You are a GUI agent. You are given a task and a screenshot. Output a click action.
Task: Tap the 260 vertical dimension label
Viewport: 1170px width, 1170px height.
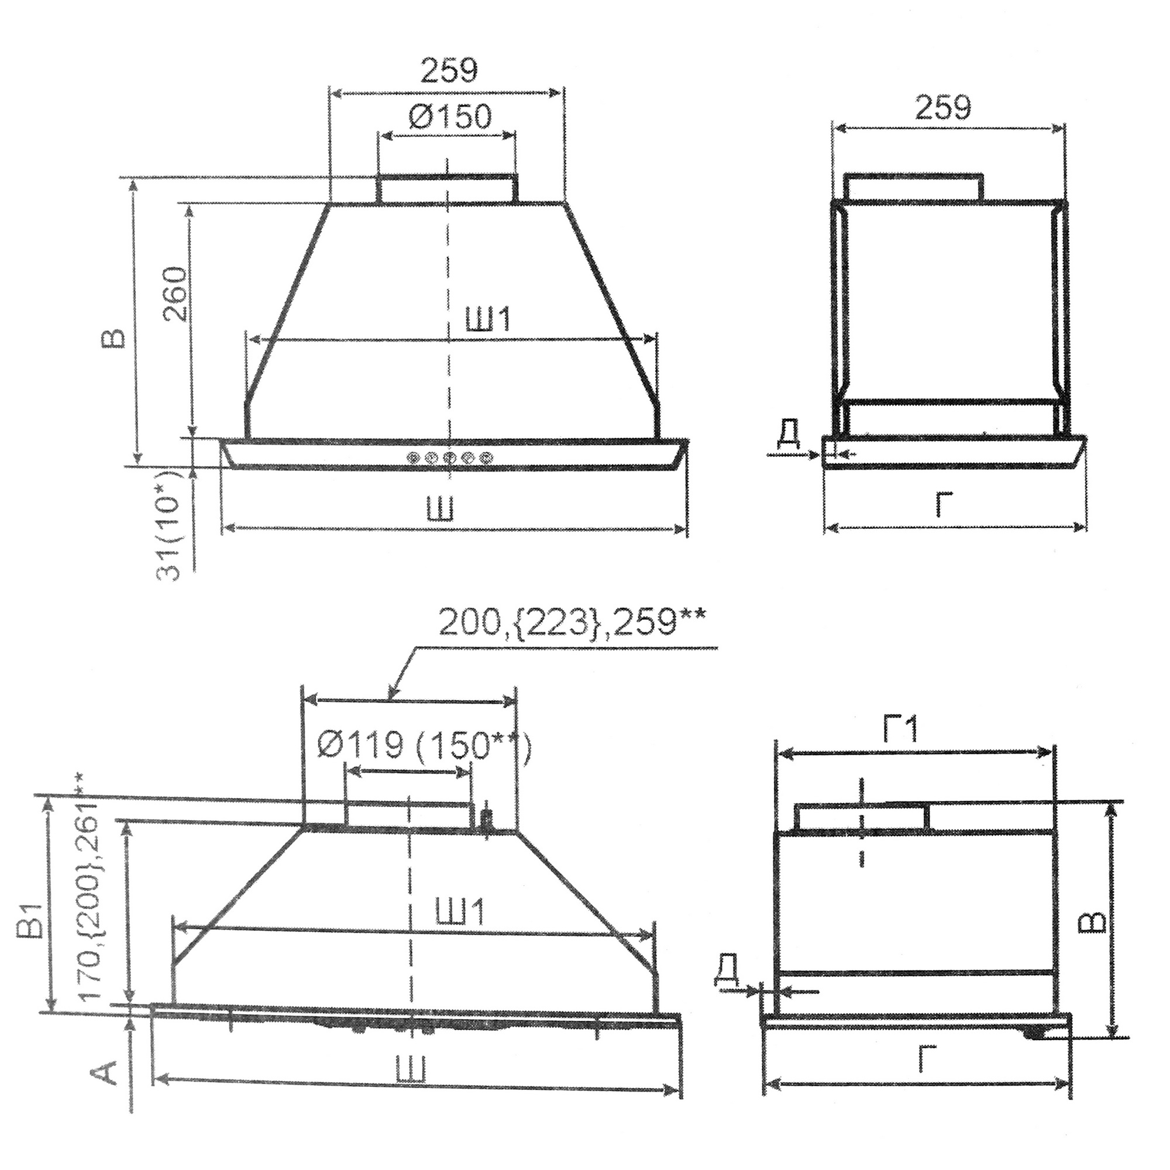point(175,294)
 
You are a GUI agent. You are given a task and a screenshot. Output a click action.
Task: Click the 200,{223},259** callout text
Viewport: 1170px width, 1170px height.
point(571,623)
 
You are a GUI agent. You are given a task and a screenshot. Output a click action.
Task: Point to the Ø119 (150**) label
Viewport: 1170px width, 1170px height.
point(424,744)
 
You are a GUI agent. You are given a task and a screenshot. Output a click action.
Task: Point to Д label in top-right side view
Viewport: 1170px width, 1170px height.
point(789,433)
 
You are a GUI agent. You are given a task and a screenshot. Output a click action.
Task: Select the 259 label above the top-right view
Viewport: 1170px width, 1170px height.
point(942,107)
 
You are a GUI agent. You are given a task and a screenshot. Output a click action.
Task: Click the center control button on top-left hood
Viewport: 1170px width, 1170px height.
point(449,457)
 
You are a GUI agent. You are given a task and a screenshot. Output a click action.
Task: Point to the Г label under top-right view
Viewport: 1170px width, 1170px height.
point(944,504)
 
